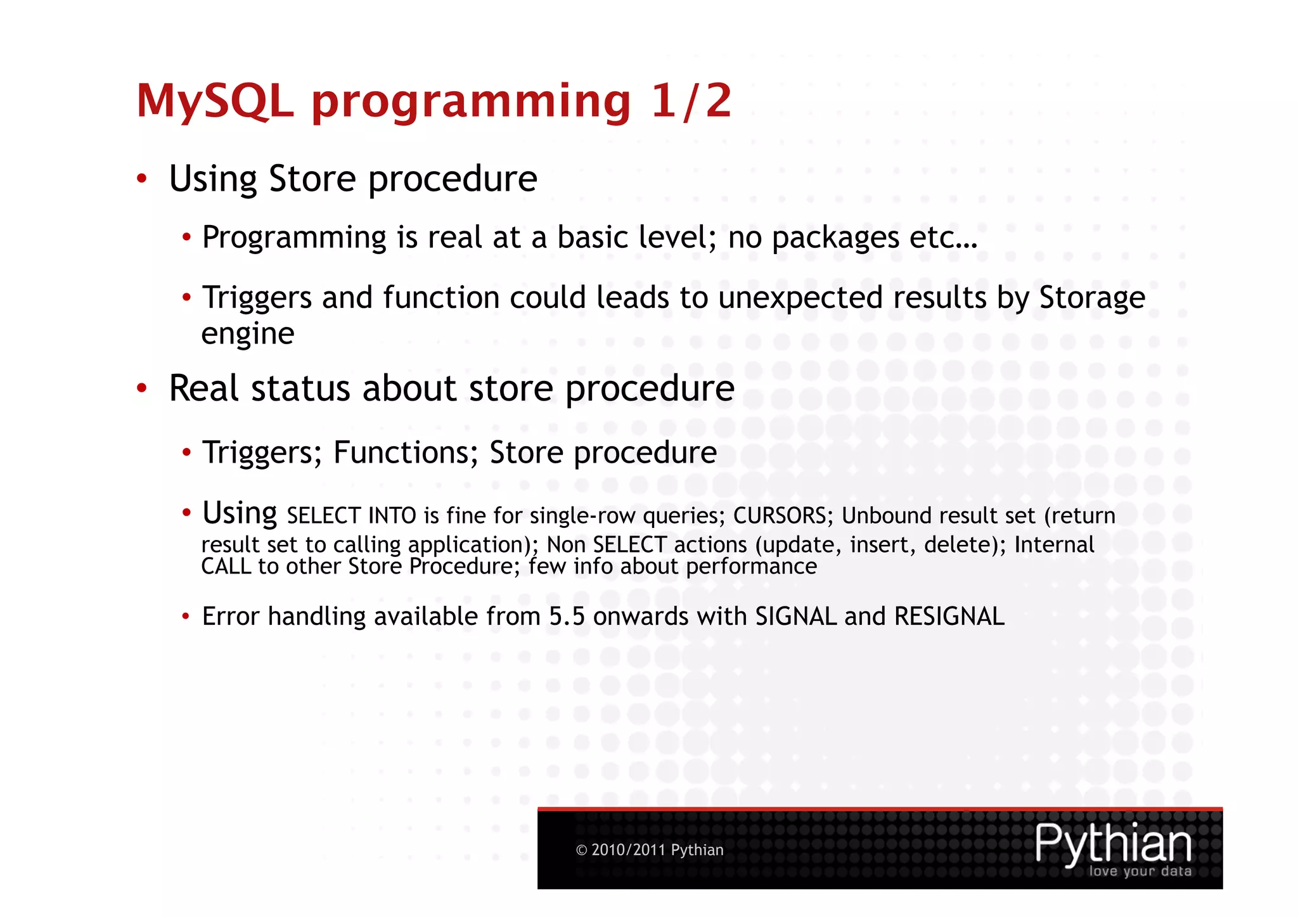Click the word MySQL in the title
[215, 101]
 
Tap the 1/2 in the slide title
[691, 101]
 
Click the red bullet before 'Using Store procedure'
[142, 179]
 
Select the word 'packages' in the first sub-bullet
[835, 238]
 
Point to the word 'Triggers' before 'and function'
[256, 298]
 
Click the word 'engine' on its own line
[247, 334]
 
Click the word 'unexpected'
[800, 298]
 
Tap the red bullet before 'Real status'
[142, 388]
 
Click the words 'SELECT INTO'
[352, 516]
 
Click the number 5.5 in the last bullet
[567, 617]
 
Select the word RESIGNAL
[949, 617]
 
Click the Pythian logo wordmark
[1113, 843]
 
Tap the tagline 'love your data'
[1140, 871]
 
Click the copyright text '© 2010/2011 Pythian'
[650, 850]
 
